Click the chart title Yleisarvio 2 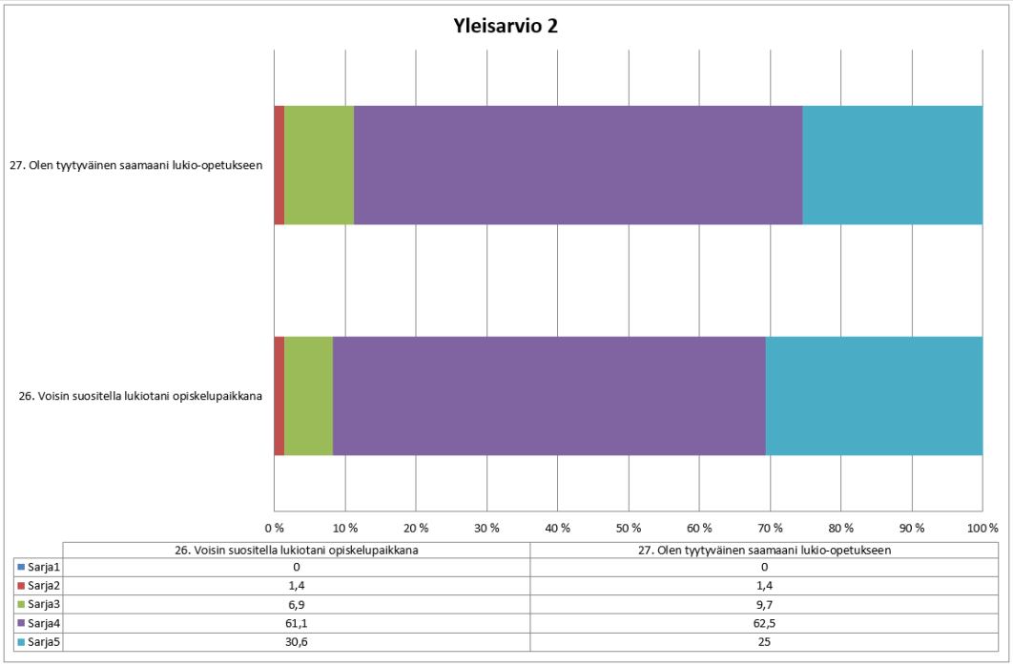pos(506,26)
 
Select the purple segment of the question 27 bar pos(577,165)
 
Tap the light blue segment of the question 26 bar pos(874,396)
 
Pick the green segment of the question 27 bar pos(319,165)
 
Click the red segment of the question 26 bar pos(279,396)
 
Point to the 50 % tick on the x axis pos(629,528)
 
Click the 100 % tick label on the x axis pos(982,528)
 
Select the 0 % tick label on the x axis pos(275,528)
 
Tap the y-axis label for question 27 pos(135,165)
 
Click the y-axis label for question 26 pos(141,396)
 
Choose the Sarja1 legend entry pos(38,567)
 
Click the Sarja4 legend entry pos(38,623)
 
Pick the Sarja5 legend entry pos(38,641)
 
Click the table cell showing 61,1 pos(296,623)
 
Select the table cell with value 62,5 pos(764,623)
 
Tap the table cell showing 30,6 pos(296,641)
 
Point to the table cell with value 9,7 pos(764,604)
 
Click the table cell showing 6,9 pos(296,604)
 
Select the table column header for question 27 pos(764,549)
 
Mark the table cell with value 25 pos(764,641)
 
